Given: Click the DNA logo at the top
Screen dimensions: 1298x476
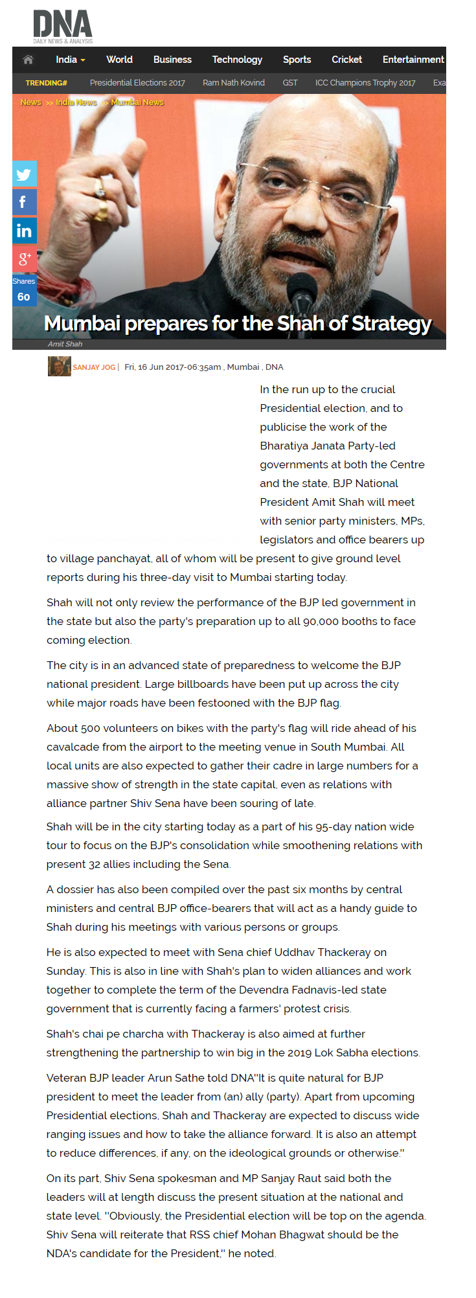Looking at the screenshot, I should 63,27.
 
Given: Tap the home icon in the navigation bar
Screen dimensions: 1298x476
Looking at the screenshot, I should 28,60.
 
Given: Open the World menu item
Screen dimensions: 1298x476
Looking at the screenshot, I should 119,60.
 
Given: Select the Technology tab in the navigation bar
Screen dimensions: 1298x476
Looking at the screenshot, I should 237,60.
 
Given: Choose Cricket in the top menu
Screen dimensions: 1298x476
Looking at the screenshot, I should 346,60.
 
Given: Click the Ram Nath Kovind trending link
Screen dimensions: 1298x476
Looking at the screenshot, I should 233,83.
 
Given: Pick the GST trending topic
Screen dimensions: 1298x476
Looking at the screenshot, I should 290,83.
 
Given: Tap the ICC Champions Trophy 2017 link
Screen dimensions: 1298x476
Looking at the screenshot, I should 365,83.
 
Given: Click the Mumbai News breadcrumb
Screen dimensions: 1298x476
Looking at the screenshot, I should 137,102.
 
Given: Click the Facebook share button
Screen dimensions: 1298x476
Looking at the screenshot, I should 24,202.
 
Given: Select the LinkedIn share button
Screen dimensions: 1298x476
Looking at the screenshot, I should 24,231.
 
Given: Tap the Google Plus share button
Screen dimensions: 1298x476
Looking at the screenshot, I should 24,259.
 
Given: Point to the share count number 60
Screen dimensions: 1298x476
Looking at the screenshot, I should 24,297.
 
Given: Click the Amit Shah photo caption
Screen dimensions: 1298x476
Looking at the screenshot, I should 65,344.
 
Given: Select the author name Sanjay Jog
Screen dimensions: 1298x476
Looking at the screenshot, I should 94,367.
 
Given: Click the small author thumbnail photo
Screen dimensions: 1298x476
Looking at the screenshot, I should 59,367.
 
